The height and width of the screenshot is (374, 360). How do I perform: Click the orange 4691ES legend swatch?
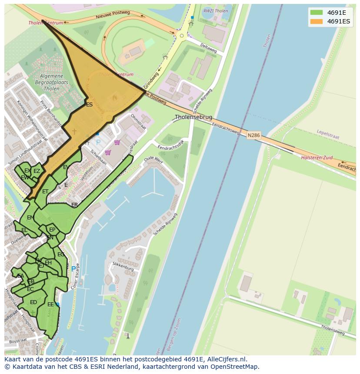(317, 21)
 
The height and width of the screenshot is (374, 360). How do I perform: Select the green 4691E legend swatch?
(317, 12)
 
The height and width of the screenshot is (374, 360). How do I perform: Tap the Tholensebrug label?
(193, 117)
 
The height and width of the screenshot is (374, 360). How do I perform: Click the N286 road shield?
(253, 136)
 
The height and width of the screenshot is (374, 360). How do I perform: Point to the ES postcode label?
(89, 105)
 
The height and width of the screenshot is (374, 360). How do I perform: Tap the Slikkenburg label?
(123, 266)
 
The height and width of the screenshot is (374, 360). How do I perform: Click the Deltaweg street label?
(208, 48)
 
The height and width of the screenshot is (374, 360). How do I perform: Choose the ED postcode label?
(33, 302)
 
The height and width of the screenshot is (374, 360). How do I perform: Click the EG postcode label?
(61, 255)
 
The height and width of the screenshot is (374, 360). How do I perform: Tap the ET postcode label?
(45, 192)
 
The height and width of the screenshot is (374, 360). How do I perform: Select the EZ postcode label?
(37, 171)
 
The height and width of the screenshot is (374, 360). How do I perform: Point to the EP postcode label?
(52, 230)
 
